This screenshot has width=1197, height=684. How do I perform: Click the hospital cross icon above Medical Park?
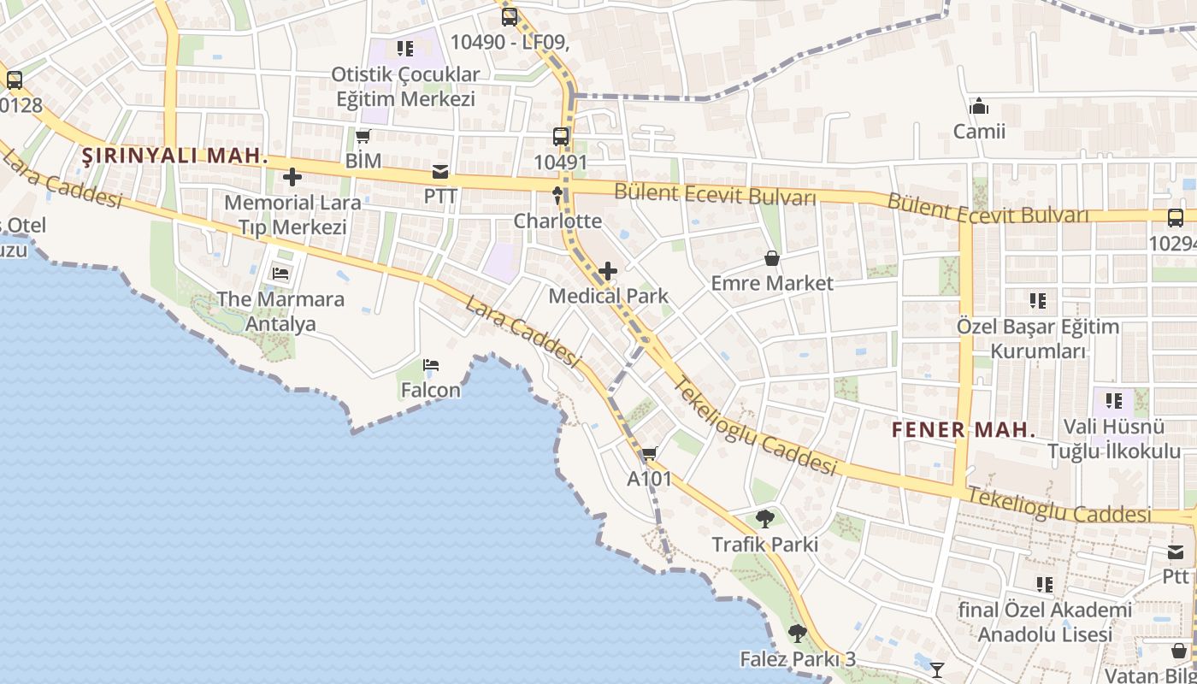[x=608, y=272]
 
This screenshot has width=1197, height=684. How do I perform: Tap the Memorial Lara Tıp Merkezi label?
[x=292, y=215]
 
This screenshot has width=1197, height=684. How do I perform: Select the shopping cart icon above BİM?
[x=363, y=136]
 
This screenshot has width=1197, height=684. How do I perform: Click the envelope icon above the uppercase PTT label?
[x=440, y=172]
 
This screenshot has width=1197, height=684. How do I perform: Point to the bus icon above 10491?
[x=561, y=136]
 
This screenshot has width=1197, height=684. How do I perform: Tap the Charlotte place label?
[x=557, y=221]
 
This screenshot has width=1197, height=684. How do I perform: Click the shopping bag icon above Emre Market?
[x=772, y=257]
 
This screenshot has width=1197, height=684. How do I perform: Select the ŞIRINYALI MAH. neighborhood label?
[x=174, y=156]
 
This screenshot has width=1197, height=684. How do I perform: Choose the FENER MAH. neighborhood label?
[x=964, y=429]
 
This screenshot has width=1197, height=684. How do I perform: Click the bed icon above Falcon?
[x=431, y=366]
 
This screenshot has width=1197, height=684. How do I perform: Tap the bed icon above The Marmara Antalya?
[x=280, y=274]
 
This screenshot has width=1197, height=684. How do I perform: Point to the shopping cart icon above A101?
[x=650, y=454]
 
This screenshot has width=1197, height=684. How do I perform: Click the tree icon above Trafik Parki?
[x=765, y=519]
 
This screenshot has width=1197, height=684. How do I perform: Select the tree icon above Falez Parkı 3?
[x=798, y=634]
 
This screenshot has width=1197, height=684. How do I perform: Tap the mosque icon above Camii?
[x=979, y=107]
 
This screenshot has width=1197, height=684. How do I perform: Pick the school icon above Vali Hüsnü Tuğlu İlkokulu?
[x=1113, y=400]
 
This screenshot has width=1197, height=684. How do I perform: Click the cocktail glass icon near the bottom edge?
[x=938, y=669]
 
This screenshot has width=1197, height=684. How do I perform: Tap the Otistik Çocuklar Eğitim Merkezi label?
[x=405, y=86]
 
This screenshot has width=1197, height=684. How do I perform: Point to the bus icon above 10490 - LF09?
[x=510, y=16]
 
